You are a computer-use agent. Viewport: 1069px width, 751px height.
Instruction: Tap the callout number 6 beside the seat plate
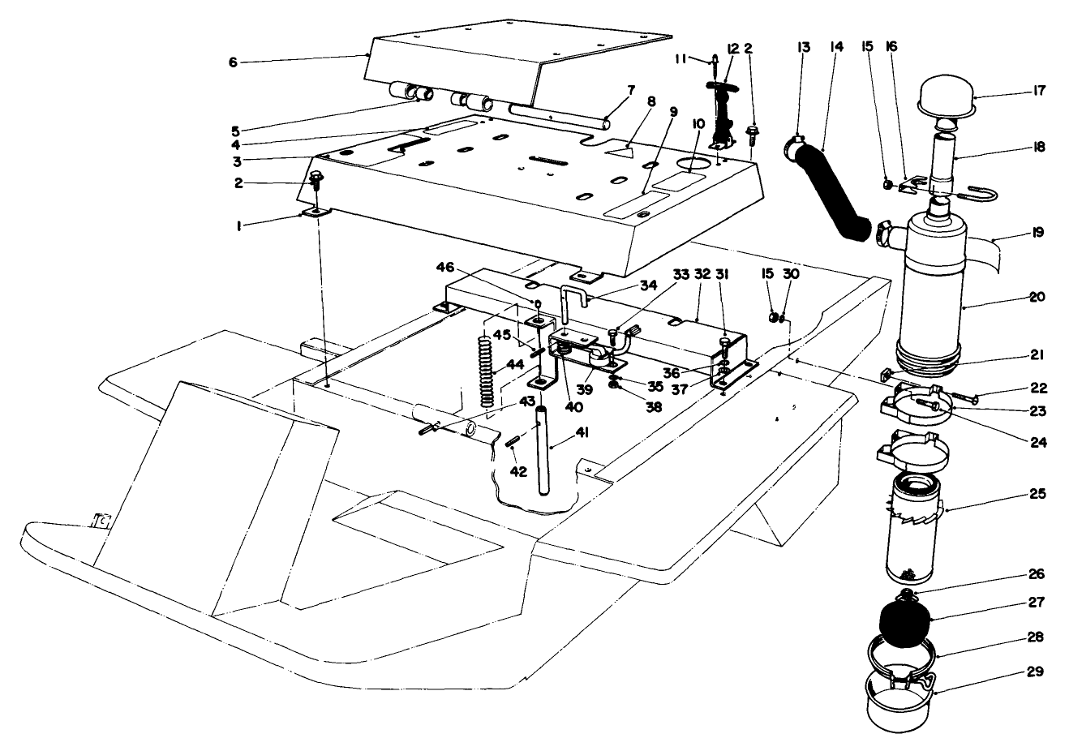tap(233, 62)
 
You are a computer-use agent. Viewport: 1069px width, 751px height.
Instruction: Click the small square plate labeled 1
tap(315, 212)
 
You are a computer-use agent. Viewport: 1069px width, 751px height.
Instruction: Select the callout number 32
tap(702, 275)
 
